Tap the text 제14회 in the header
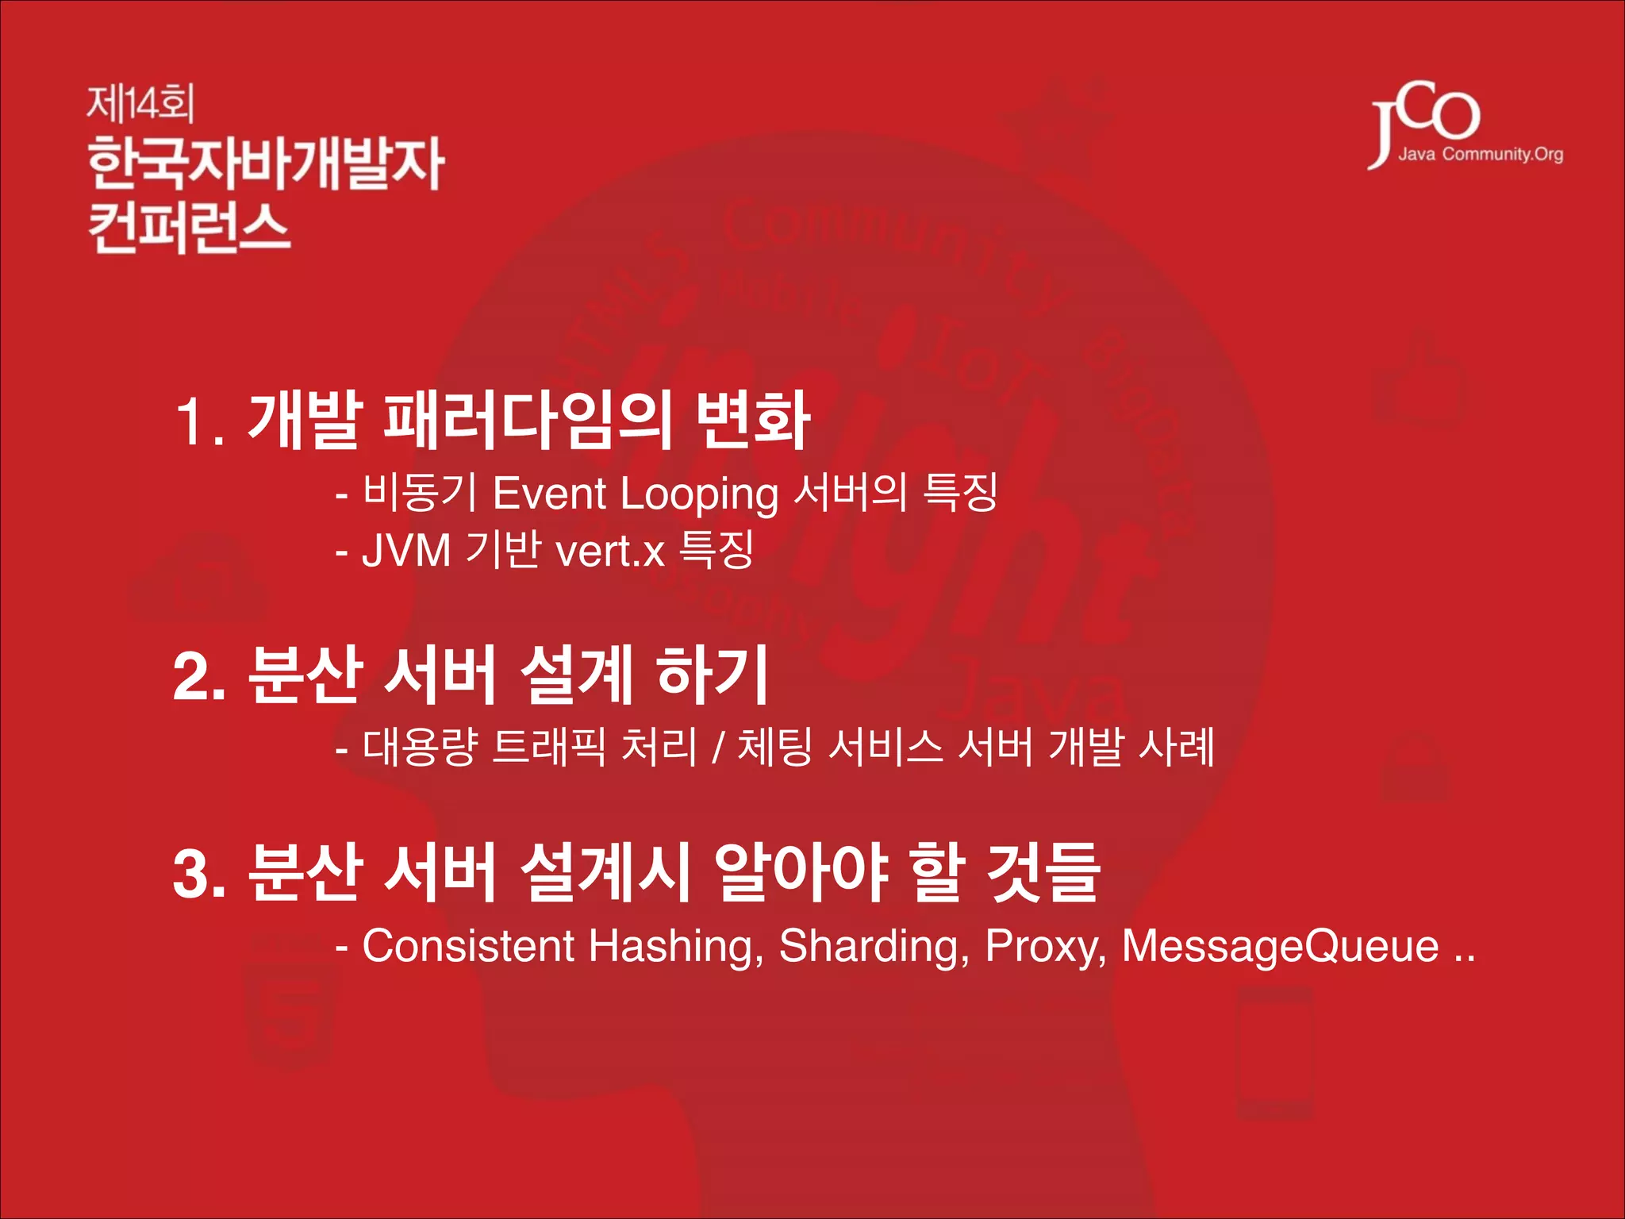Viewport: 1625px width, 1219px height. click(x=140, y=104)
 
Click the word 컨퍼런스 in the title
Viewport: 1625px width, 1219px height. click(x=189, y=227)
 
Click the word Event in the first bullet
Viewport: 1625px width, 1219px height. click(x=549, y=494)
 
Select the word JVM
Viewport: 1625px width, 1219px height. click(x=405, y=550)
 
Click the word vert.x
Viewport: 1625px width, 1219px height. click(x=609, y=551)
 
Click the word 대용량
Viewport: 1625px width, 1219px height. click(x=420, y=748)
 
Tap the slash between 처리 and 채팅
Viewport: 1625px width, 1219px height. click(x=717, y=748)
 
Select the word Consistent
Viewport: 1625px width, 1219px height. click(x=468, y=946)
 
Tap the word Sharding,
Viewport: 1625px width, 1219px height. click(x=874, y=947)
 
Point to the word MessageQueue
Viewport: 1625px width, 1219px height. click(x=1280, y=947)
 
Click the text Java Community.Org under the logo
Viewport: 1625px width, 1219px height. click(x=1480, y=154)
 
